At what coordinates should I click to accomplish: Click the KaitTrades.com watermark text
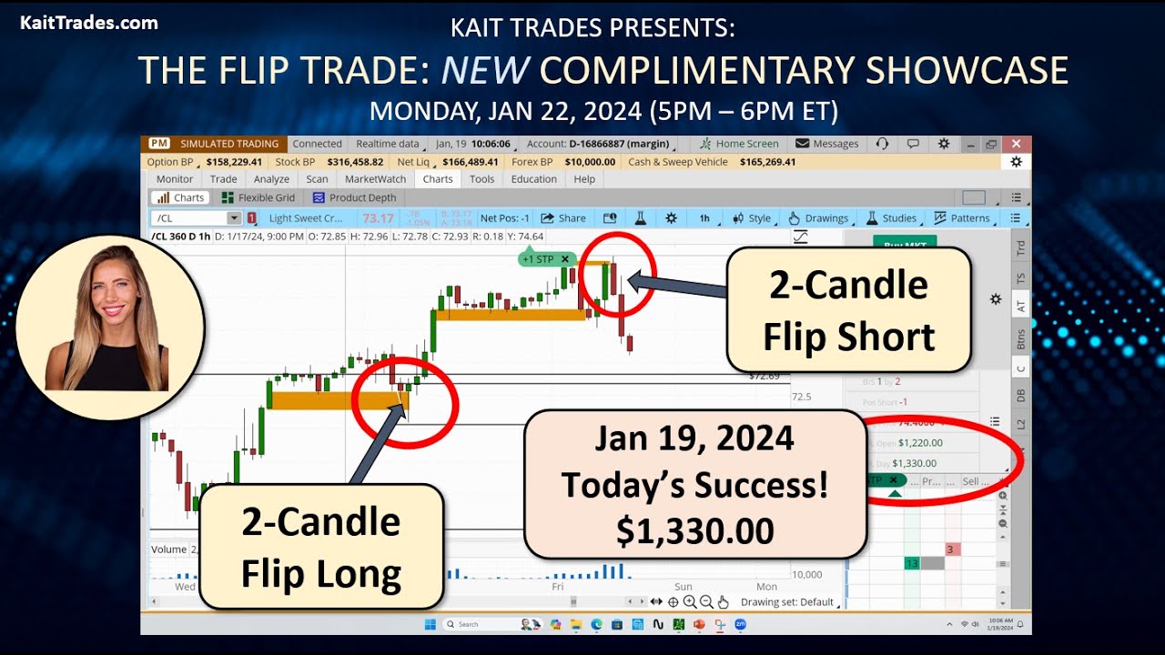[x=89, y=23]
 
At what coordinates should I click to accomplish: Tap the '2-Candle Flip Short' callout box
[x=848, y=310]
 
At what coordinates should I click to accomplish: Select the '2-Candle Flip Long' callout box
[x=321, y=547]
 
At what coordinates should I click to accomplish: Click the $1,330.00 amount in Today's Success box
[x=694, y=530]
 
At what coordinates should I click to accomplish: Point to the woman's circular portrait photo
[x=110, y=328]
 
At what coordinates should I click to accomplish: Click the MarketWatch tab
[x=377, y=179]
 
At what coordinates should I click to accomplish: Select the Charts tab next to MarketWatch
[x=438, y=179]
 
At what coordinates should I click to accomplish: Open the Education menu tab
[x=533, y=179]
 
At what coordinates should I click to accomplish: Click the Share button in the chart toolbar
[x=563, y=218]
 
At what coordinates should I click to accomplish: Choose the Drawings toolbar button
[x=818, y=218]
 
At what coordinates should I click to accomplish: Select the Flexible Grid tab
[x=258, y=197]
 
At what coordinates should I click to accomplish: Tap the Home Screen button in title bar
[x=739, y=144]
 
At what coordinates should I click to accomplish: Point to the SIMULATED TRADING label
[x=228, y=144]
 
